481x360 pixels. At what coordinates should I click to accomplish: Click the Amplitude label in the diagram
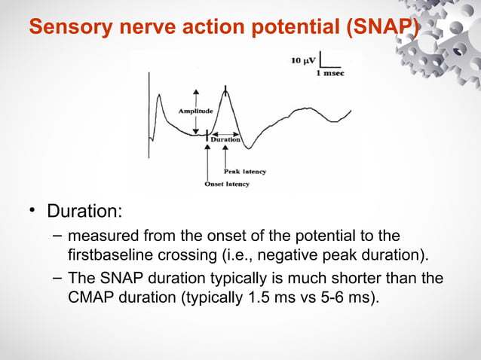(x=195, y=111)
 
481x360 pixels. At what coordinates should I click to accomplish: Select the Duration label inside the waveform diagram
(x=225, y=139)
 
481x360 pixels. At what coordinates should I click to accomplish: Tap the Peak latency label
(x=244, y=172)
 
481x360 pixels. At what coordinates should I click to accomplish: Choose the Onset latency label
(x=226, y=184)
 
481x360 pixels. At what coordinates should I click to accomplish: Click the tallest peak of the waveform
(x=225, y=89)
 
